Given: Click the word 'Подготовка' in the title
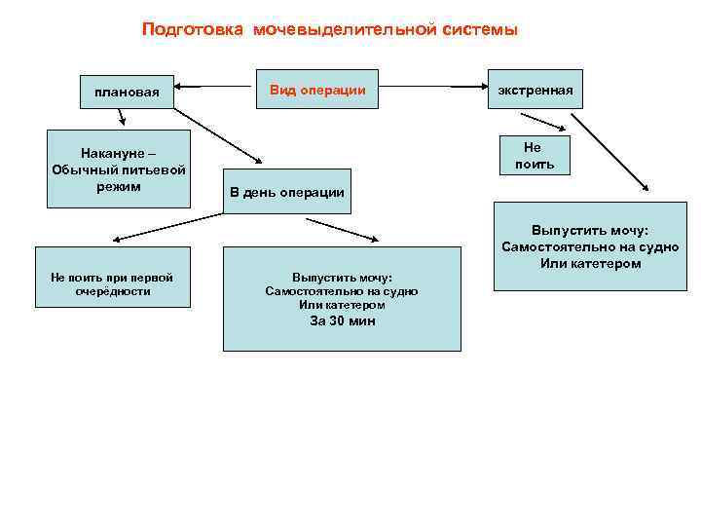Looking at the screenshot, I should (x=193, y=29).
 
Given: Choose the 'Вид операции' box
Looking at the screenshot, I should (x=317, y=90).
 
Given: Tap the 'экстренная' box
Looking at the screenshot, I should (x=535, y=90).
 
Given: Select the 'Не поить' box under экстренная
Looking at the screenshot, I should (x=532, y=155).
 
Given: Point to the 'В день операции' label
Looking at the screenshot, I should (x=287, y=192).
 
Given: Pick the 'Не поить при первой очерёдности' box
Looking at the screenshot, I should (x=113, y=283).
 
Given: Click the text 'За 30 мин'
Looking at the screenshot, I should (x=342, y=320).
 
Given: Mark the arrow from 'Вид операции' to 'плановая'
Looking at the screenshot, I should (x=213, y=89).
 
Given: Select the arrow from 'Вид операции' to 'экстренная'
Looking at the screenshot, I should (x=467, y=89).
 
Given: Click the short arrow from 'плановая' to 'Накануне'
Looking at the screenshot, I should (x=122, y=118).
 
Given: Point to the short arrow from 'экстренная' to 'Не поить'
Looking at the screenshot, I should (x=548, y=123).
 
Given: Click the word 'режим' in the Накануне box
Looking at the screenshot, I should (x=119, y=186).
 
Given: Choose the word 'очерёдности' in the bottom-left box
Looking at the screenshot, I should (x=113, y=291).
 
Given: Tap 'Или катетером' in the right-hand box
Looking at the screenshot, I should (x=591, y=264).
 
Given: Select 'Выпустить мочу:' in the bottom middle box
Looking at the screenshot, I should (x=342, y=277).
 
